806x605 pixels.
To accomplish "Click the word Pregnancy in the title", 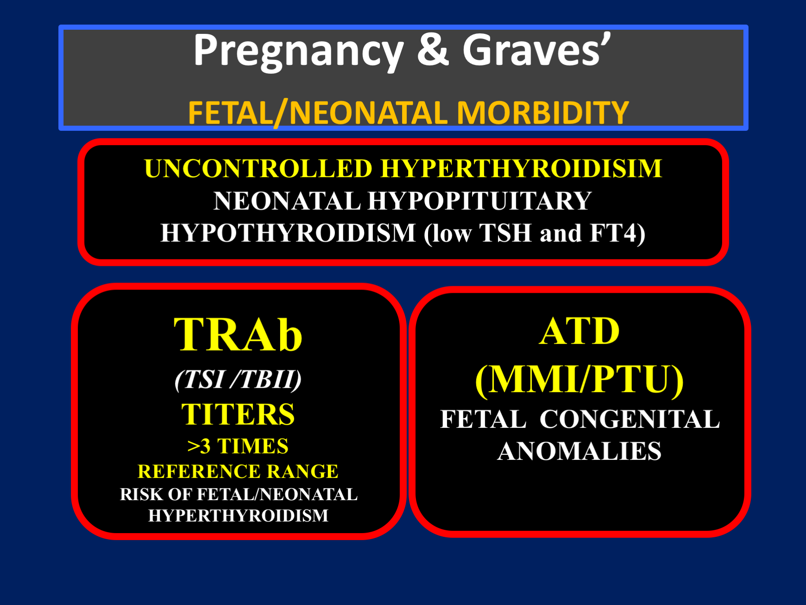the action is pyautogui.click(x=299, y=52).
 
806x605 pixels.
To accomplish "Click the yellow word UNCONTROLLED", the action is pyautogui.click(x=258, y=168).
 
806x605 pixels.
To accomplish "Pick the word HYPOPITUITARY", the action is pyautogui.click(x=480, y=201).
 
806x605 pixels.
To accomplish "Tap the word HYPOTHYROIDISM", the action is pyautogui.click(x=288, y=232).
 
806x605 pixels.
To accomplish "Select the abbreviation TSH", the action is pyautogui.click(x=505, y=232).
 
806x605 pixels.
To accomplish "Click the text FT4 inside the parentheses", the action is pyautogui.click(x=613, y=232).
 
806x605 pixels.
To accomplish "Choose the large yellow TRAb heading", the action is pyautogui.click(x=238, y=335).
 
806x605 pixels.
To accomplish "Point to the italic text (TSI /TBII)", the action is pyautogui.click(x=238, y=380).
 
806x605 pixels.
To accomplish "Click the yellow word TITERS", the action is pyautogui.click(x=238, y=414).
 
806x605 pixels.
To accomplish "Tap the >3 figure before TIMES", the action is pyautogui.click(x=199, y=446).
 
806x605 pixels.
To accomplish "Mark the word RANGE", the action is pyautogui.click(x=302, y=471).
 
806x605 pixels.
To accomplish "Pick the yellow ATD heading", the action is pyautogui.click(x=579, y=331).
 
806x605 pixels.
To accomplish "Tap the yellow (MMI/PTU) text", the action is pyautogui.click(x=579, y=380).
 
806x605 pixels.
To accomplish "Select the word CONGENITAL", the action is pyautogui.click(x=630, y=419).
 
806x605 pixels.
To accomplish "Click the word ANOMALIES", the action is pyautogui.click(x=579, y=451).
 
